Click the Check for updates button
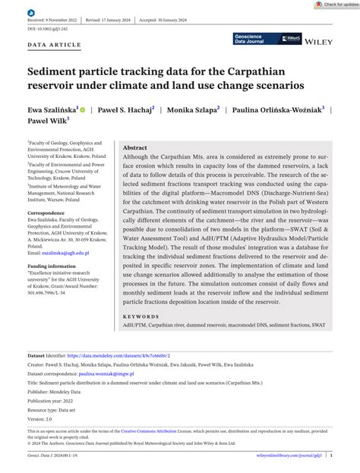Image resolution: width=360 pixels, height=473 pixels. (x=335, y=5)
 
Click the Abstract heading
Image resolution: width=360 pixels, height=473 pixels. (x=134, y=147)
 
